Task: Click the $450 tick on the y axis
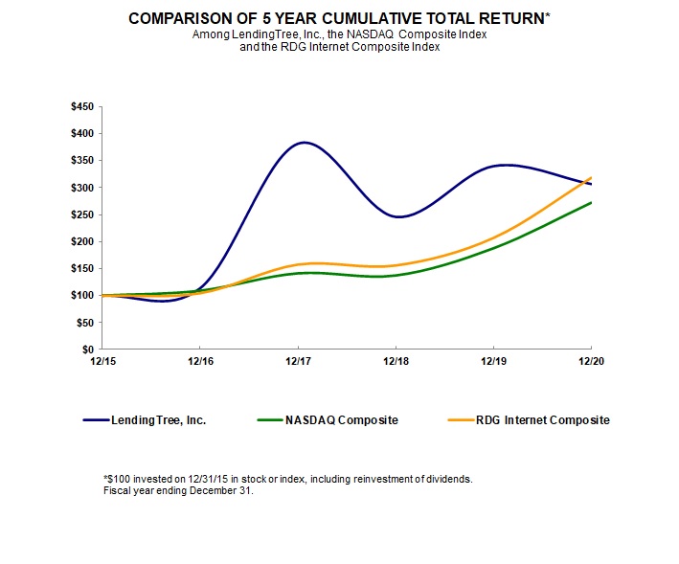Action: (82, 106)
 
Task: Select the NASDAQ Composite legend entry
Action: (341, 419)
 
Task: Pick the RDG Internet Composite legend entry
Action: (542, 419)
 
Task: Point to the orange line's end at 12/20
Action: (591, 178)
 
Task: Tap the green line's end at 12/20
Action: (591, 203)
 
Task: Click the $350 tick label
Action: (82, 161)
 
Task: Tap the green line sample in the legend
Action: (275, 419)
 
